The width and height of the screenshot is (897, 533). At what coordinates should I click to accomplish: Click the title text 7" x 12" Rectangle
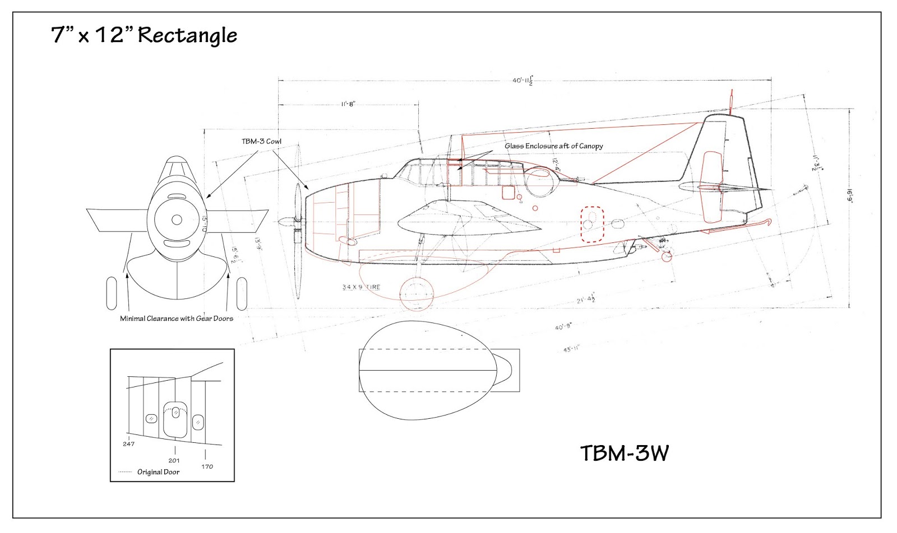[x=144, y=35]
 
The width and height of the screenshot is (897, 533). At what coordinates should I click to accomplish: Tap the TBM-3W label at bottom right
[x=624, y=453]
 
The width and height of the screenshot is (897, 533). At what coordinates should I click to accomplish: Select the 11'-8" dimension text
[x=348, y=104]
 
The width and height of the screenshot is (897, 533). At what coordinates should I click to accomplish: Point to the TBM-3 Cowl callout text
[x=261, y=141]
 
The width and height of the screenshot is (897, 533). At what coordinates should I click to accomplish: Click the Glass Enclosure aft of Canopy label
[x=553, y=146]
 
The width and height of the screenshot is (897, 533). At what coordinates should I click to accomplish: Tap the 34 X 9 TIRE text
[x=361, y=287]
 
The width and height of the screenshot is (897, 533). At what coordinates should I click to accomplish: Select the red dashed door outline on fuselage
[x=592, y=224]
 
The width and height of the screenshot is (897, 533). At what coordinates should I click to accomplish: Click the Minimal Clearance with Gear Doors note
[x=176, y=319]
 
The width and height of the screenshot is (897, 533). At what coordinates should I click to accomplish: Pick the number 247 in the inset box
[x=128, y=444]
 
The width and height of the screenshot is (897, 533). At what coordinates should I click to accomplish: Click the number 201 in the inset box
[x=174, y=461]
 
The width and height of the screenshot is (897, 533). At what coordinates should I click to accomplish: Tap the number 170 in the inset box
[x=207, y=466]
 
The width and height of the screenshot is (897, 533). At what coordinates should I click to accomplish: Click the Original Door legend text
[x=158, y=472]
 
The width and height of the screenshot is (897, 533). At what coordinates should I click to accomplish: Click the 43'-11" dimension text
[x=571, y=349]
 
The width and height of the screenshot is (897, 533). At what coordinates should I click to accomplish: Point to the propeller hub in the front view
[x=177, y=219]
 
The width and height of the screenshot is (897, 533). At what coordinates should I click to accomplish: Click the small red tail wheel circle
[x=666, y=256]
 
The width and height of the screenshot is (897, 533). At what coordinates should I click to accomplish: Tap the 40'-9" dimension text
[x=563, y=326]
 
